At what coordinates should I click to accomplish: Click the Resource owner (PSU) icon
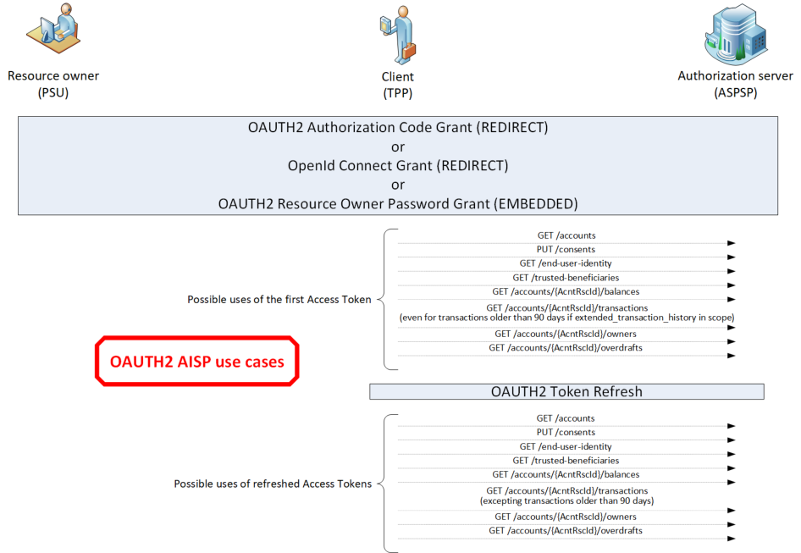pyautogui.click(x=53, y=28)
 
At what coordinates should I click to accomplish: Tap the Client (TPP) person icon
pyautogui.click(x=398, y=34)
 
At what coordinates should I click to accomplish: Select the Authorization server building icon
pyautogui.click(x=736, y=34)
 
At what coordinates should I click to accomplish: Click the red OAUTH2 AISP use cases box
pyautogui.click(x=197, y=361)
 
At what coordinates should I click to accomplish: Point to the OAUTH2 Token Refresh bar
pyautogui.click(x=566, y=391)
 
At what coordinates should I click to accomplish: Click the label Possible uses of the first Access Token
pyautogui.click(x=279, y=300)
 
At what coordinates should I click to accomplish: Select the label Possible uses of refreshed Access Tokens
pyautogui.click(x=273, y=484)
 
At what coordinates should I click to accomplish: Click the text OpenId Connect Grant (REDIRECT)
pyautogui.click(x=398, y=166)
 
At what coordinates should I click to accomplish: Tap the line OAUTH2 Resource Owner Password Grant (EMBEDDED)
pyautogui.click(x=398, y=204)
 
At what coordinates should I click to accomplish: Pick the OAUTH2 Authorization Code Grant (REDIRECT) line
pyautogui.click(x=398, y=127)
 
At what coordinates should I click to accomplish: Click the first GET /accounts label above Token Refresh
pyautogui.click(x=566, y=235)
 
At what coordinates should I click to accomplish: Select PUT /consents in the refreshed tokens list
pyautogui.click(x=566, y=433)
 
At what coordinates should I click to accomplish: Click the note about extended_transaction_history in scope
pyautogui.click(x=567, y=318)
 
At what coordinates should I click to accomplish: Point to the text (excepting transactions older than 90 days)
pyautogui.click(x=567, y=500)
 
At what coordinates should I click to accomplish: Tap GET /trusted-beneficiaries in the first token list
pyautogui.click(x=566, y=278)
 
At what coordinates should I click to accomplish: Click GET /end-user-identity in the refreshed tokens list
pyautogui.click(x=566, y=446)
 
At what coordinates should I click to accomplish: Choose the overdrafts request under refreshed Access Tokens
pyautogui.click(x=566, y=530)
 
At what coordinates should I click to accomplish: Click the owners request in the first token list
pyautogui.click(x=566, y=334)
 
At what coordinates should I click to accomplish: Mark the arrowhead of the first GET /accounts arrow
pyautogui.click(x=732, y=243)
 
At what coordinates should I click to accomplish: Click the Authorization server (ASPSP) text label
pyautogui.click(x=736, y=85)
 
